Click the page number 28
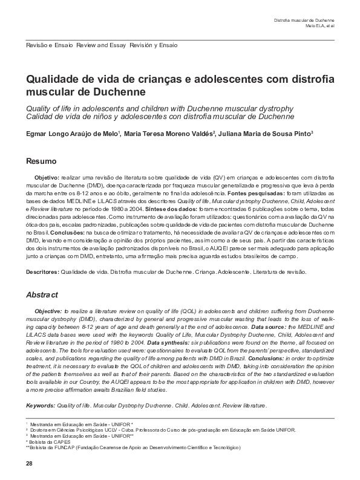tap(28, 463)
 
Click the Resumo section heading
tap(41, 161)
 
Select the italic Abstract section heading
tap(42, 294)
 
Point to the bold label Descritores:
tap(42, 272)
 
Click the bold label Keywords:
tap(41, 405)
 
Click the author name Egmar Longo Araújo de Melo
tap(73, 134)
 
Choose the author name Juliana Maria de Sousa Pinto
tap(266, 134)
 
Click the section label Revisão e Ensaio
tap(50, 45)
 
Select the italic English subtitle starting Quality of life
tap(159, 107)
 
